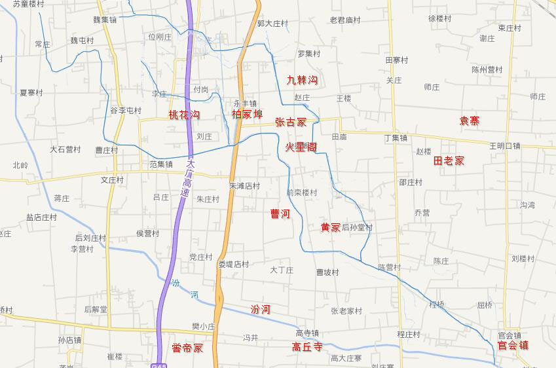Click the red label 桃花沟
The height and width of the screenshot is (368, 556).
coord(184,115)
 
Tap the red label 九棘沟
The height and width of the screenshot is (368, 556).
coord(302,81)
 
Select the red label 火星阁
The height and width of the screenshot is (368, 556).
coord(301,147)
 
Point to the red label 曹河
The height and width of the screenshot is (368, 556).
coord(280,214)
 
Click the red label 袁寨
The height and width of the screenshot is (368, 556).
coord(469,120)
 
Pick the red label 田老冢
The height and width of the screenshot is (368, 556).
coord(449,160)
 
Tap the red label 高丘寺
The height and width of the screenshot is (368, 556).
coord(307,347)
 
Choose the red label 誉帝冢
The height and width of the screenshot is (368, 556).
coord(187,348)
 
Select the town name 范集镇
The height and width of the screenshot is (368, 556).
coord(160,164)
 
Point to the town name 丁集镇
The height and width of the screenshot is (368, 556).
coord(396,138)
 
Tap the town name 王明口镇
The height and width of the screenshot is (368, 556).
coord(504,146)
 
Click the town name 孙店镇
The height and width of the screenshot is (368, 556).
coord(69,340)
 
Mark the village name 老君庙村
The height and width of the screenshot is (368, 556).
coord(345,20)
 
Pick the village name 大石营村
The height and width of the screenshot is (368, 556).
coord(65,149)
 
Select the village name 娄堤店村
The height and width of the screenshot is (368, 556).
coord(234,265)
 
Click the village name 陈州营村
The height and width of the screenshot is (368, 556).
coord(487,69)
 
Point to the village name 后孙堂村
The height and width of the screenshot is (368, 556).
coord(357,227)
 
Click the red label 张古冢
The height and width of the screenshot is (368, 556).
coord(291,122)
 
